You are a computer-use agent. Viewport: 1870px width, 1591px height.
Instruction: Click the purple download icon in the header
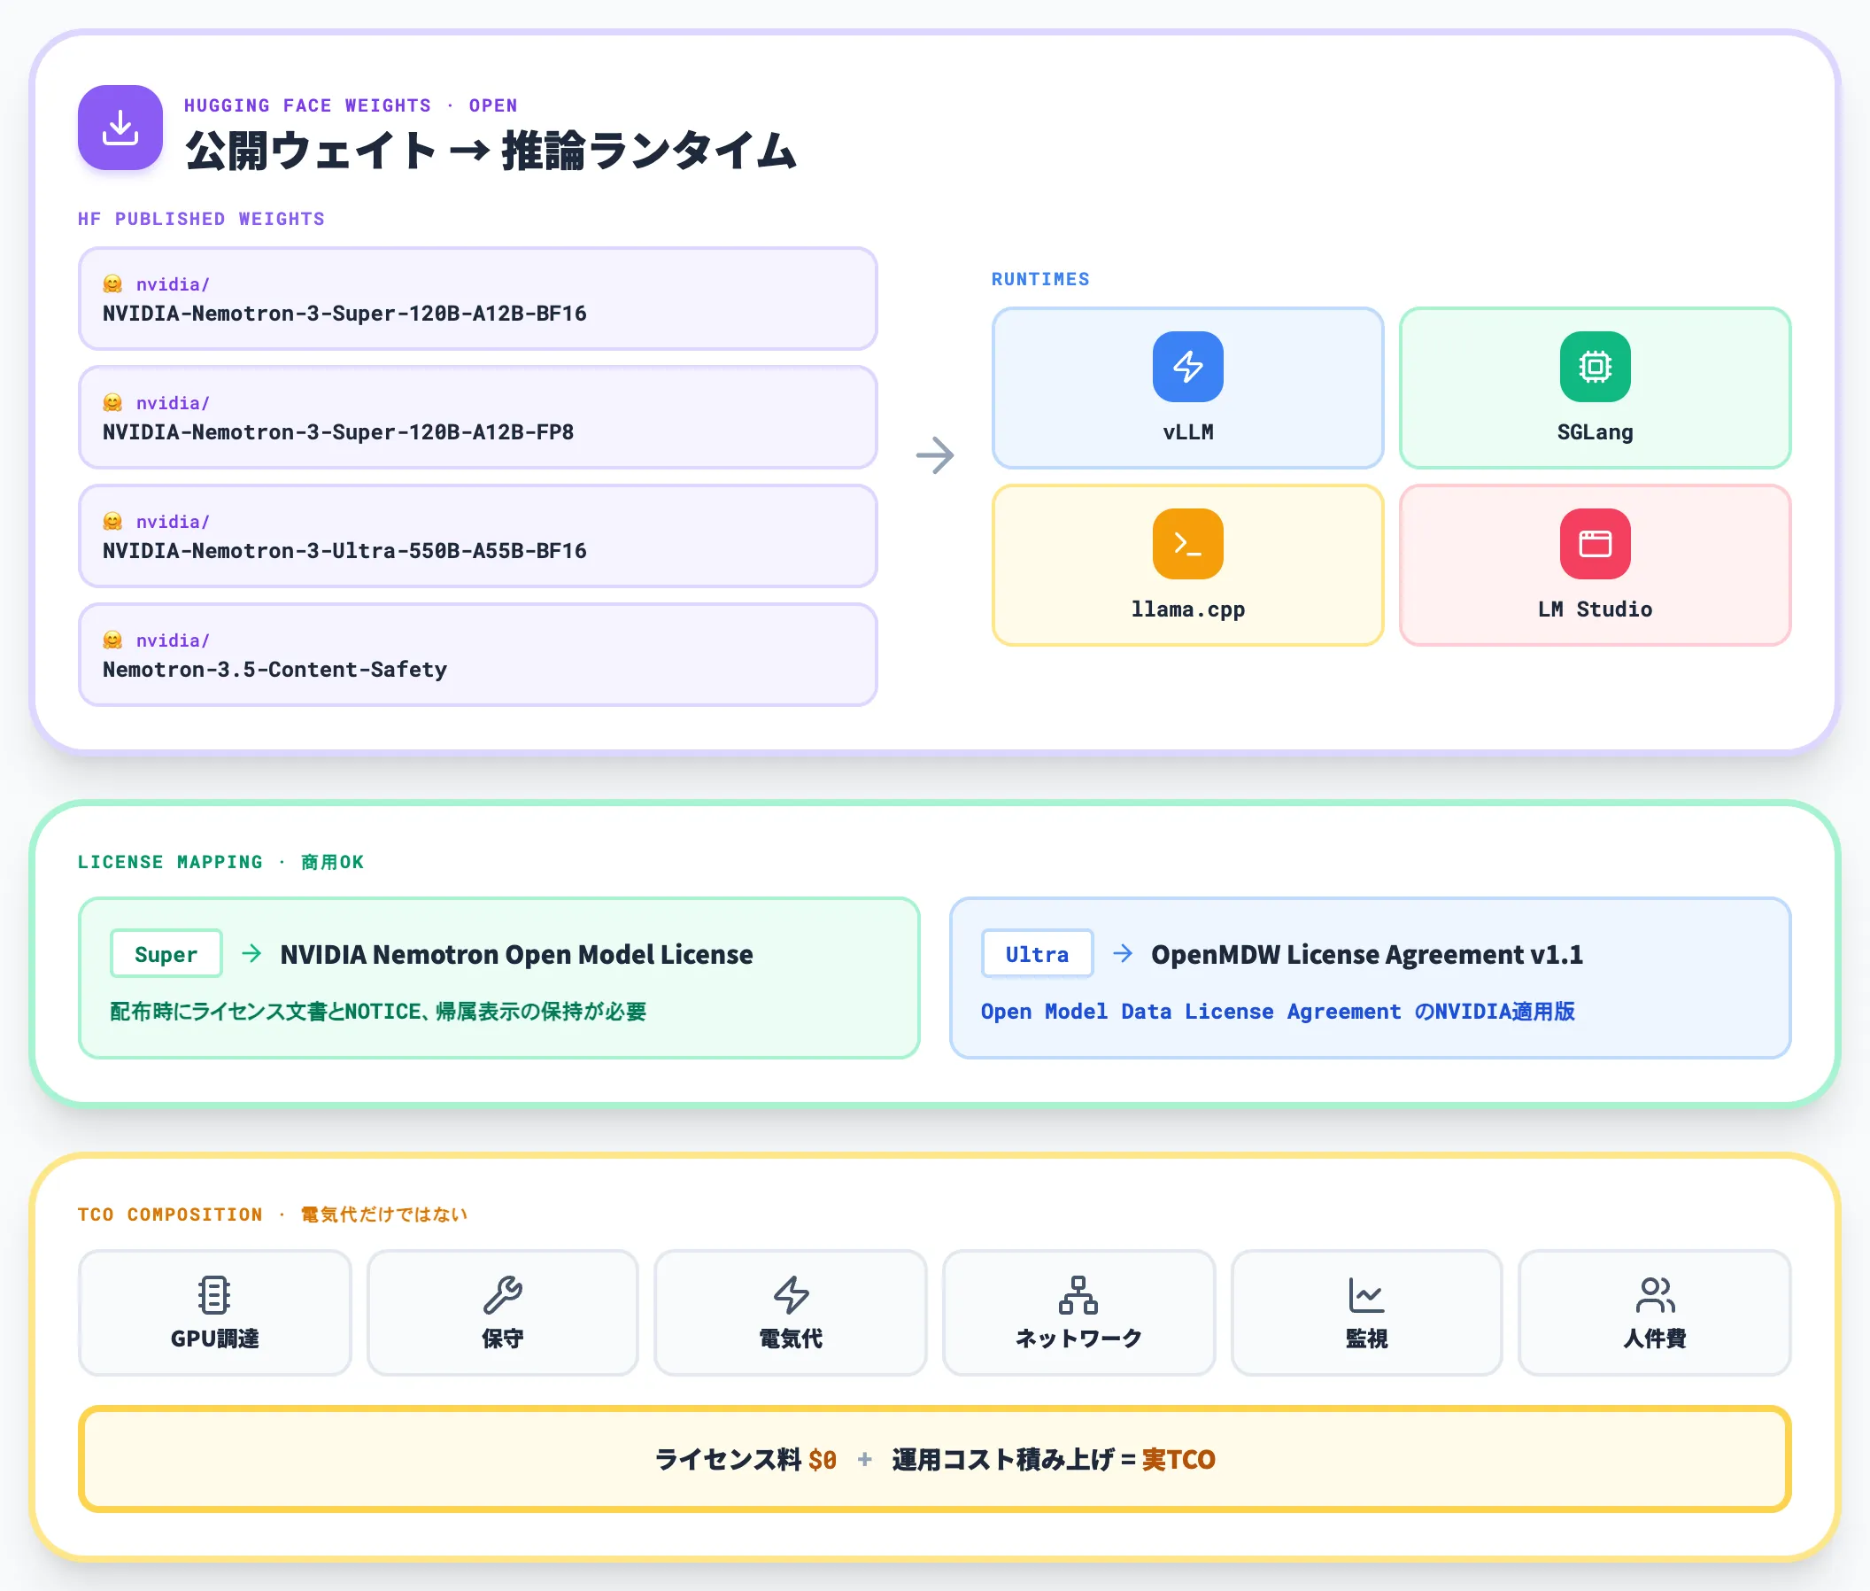pos(120,128)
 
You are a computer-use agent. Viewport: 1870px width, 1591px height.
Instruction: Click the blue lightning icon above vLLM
pos(1187,366)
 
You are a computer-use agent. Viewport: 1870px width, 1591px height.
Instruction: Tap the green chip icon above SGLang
pos(1594,366)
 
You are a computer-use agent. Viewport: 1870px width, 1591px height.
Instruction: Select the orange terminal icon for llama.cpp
pos(1187,544)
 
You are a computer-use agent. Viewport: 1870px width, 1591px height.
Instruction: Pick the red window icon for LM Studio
pos(1594,544)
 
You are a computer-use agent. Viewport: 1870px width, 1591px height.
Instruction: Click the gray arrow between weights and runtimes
pos(935,455)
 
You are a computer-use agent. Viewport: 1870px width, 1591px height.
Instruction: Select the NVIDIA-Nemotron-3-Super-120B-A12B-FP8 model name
pos(338,432)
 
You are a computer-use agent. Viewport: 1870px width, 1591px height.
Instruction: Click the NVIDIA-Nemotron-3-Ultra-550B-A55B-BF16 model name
pos(344,551)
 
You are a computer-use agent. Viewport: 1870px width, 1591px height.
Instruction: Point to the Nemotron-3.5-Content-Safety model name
pos(275,669)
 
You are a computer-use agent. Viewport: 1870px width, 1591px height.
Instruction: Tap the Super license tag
pos(166,953)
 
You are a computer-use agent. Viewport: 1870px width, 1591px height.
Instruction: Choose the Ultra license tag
pos(1037,953)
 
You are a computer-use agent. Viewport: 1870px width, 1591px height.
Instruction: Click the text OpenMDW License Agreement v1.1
pos(1367,954)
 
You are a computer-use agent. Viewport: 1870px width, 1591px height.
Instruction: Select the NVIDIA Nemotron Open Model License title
pos(516,954)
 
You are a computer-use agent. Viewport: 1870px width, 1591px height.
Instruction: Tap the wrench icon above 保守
pos(502,1295)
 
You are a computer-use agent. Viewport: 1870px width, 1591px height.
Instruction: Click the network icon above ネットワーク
pos(1078,1295)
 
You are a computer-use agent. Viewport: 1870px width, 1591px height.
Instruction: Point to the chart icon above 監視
pos(1366,1295)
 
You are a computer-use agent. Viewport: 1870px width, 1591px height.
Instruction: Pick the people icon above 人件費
pos(1655,1295)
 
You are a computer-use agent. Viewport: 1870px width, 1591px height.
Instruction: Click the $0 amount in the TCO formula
pos(823,1459)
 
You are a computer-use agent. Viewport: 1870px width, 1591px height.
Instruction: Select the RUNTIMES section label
pos(1040,280)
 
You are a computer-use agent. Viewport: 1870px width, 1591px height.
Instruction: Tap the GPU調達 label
pos(214,1339)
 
